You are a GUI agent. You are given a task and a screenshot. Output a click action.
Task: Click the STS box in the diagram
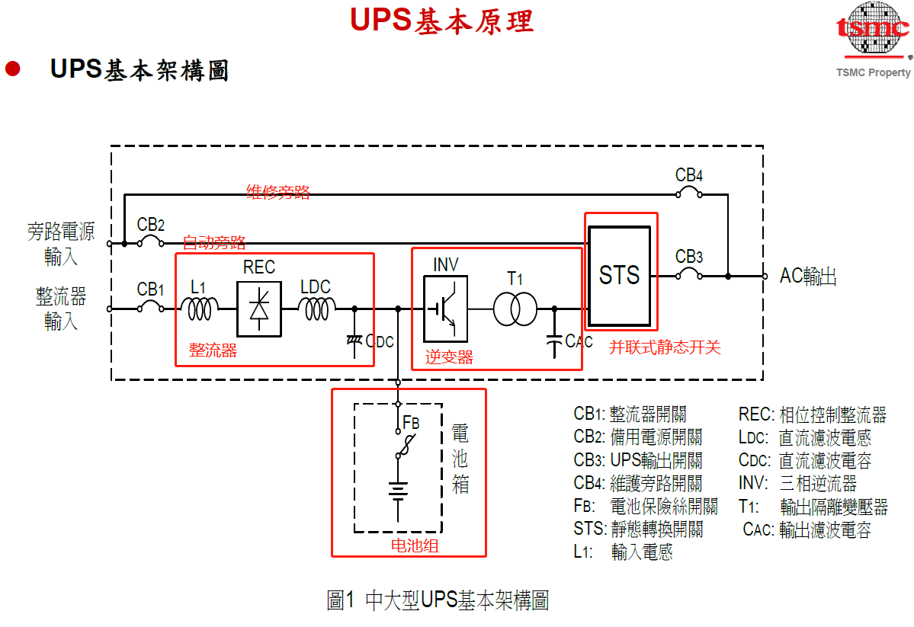[619, 276]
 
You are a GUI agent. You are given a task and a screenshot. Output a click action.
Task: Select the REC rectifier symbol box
[258, 309]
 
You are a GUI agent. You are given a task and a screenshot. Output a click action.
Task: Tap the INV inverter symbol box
[445, 309]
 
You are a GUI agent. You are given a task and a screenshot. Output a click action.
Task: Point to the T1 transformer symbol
[515, 309]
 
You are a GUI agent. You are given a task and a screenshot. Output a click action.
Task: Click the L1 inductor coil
[200, 308]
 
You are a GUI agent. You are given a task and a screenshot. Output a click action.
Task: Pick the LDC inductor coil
[316, 308]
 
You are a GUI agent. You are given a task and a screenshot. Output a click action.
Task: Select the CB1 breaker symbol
[150, 308]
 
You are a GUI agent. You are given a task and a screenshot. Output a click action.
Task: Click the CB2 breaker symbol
[150, 242]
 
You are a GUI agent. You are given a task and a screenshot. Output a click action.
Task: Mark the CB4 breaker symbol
[689, 194]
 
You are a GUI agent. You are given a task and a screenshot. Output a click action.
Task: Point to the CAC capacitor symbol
[554, 342]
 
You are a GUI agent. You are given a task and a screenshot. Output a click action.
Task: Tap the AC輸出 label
[808, 277]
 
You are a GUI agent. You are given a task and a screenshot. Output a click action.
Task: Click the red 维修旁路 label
[278, 192]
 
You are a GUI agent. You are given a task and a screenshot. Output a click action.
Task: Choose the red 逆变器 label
[449, 357]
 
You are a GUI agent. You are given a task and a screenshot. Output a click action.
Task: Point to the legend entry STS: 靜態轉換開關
[638, 529]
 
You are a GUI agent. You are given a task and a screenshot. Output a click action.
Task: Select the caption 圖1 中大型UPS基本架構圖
[438, 600]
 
